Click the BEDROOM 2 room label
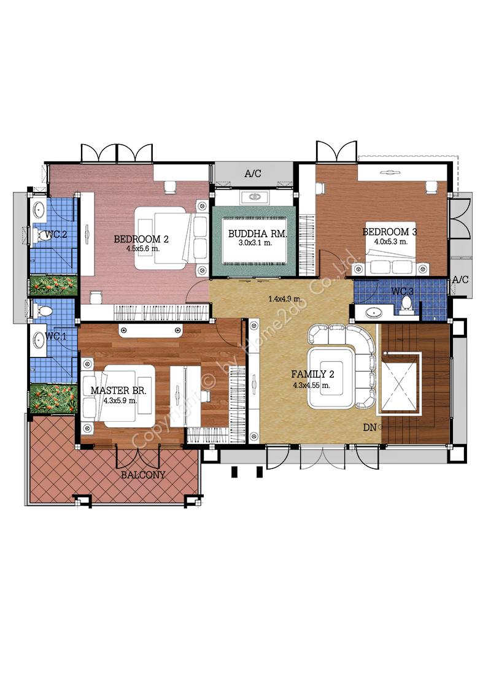141,239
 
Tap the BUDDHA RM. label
257,234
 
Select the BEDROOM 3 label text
390,232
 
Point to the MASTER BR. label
118,391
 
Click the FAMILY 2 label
312,374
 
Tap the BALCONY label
143,475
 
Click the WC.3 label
403,292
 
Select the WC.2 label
56,234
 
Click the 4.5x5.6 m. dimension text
142,249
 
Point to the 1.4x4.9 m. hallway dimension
285,299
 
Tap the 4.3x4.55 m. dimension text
312,385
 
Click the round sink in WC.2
39,208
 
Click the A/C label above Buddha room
253,173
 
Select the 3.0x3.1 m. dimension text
256,243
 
